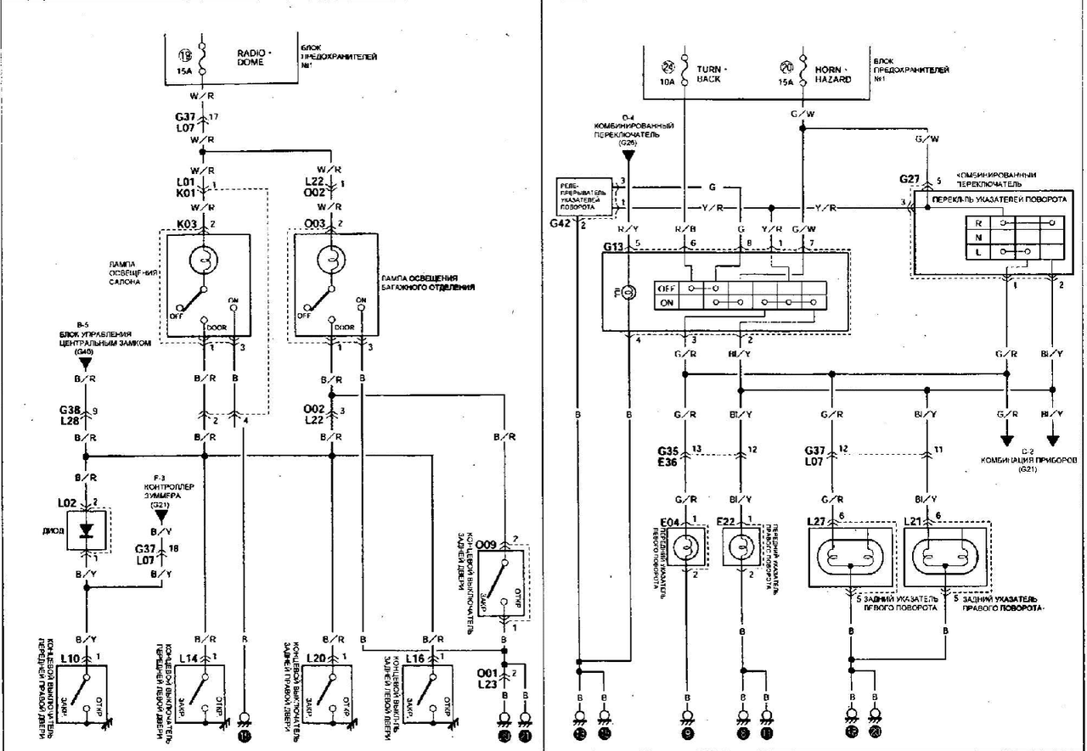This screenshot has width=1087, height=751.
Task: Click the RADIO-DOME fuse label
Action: click(x=251, y=57)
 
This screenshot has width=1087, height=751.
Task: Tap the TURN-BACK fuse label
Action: click(x=708, y=75)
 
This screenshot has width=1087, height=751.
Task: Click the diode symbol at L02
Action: click(x=86, y=530)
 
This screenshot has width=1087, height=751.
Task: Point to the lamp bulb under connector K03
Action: click(x=205, y=261)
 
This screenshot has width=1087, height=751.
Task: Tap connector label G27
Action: click(x=910, y=179)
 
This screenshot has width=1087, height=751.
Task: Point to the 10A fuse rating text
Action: click(x=666, y=82)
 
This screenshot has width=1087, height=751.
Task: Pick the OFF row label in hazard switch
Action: click(x=667, y=288)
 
